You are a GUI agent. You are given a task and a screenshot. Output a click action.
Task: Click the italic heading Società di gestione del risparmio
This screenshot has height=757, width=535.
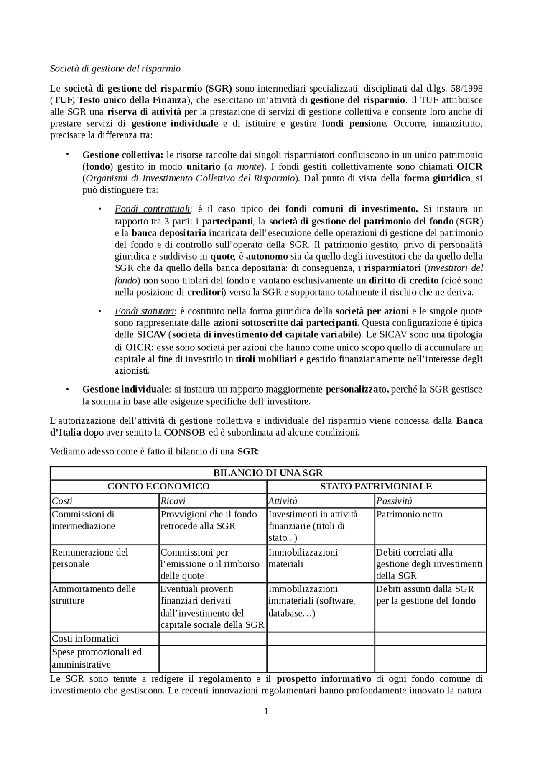[115, 69]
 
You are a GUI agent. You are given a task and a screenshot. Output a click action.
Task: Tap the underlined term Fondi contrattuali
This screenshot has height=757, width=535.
[153, 209]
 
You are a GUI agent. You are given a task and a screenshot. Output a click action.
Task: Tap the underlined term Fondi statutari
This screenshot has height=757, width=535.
[145, 311]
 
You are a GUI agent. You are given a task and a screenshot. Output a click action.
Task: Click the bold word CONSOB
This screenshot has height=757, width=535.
[184, 433]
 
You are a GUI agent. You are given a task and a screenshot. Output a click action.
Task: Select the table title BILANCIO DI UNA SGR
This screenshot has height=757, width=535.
[268, 473]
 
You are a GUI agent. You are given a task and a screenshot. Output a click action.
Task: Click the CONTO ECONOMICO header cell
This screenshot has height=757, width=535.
[158, 487]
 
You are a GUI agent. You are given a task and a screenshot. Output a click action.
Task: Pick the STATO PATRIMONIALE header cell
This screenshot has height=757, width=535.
[376, 487]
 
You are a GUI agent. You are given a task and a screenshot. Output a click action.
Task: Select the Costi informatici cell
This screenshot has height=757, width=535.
[85, 639]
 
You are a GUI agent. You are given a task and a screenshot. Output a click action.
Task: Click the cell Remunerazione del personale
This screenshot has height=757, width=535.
[90, 558]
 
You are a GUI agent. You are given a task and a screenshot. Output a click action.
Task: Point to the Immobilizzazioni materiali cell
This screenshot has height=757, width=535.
[303, 558]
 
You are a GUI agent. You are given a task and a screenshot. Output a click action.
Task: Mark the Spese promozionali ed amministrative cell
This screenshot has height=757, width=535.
[97, 658]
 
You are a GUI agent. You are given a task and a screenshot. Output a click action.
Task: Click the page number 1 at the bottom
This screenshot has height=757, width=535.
[266, 711]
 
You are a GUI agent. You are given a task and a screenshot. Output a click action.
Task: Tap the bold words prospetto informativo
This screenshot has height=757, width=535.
[324, 679]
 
